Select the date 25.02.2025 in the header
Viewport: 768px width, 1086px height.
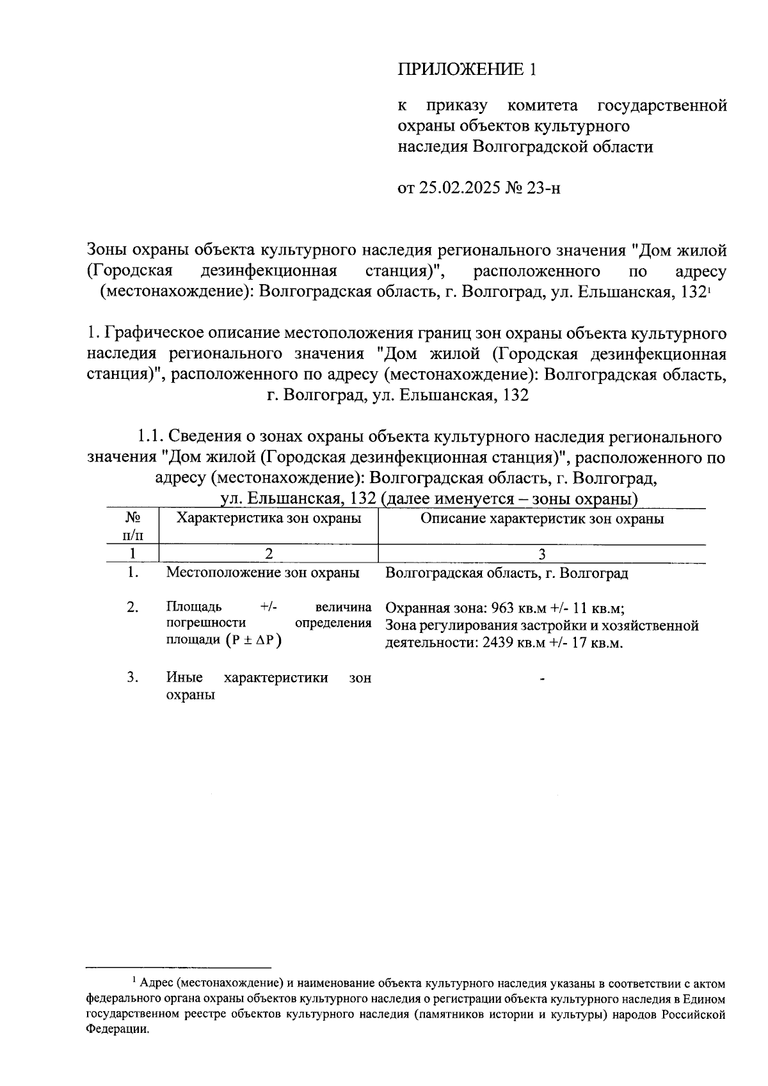[461, 188]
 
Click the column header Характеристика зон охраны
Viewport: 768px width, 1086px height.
[268, 518]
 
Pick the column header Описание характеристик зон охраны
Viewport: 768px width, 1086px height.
[541, 518]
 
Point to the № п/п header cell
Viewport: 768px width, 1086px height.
[132, 525]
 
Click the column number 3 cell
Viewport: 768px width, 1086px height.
[541, 554]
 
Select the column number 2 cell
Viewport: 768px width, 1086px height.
[268, 554]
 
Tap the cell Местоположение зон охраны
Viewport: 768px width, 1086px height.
[262, 573]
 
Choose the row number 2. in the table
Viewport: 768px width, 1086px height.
[132, 607]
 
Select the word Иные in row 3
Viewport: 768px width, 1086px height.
[184, 678]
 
